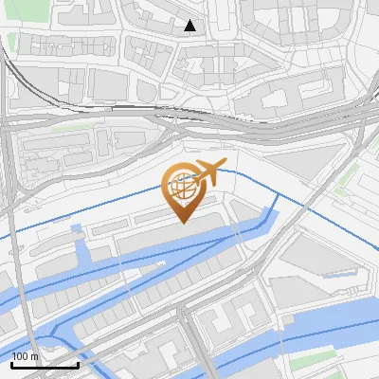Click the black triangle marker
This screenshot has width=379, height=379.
(x=190, y=26)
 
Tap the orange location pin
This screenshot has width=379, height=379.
(x=185, y=190)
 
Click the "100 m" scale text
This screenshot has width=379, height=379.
(x=25, y=356)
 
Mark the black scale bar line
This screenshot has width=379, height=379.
(x=44, y=365)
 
